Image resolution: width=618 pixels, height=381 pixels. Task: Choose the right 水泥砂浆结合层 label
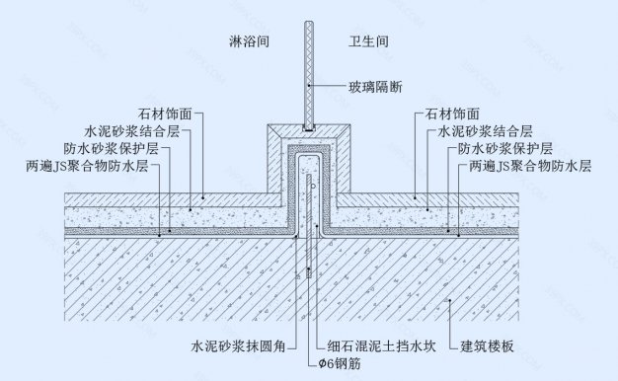click(482, 131)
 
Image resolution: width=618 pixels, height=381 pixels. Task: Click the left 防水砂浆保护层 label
click(119, 149)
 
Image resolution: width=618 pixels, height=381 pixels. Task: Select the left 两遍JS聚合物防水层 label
click(92, 167)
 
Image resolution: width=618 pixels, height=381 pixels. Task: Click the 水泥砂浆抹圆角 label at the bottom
click(238, 346)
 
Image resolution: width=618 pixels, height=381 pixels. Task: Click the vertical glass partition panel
click(309, 69)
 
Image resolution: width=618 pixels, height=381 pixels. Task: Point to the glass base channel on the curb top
click(309, 128)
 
